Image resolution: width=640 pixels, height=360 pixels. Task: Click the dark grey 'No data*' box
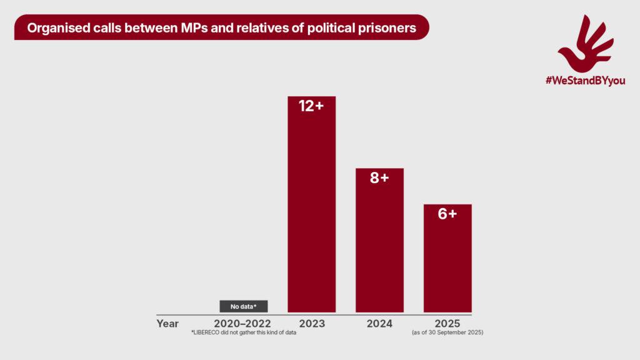(x=244, y=306)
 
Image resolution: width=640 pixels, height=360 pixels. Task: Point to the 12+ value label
(x=311, y=106)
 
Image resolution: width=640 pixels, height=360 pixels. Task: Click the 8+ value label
(x=379, y=178)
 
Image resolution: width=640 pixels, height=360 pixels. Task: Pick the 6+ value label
(x=447, y=214)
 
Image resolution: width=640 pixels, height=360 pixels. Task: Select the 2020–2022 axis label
(x=242, y=323)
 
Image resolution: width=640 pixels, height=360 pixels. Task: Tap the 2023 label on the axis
(x=311, y=323)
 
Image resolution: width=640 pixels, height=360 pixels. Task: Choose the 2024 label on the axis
(x=379, y=323)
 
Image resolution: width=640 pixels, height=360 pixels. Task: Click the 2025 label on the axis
(x=447, y=323)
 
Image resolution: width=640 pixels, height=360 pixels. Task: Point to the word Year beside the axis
(x=167, y=323)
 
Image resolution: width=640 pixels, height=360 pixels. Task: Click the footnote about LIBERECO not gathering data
(x=243, y=332)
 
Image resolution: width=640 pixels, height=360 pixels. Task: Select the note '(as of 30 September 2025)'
(x=447, y=332)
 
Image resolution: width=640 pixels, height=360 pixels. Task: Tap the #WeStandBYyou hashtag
(x=585, y=81)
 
